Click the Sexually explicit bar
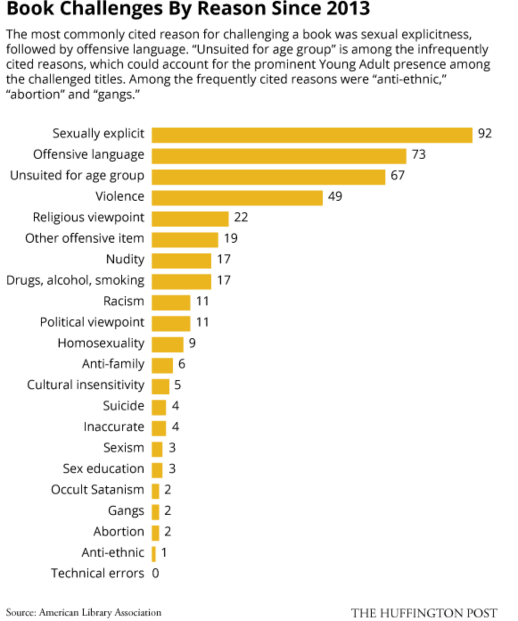point(312,135)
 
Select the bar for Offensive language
point(279,156)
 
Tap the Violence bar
point(237,198)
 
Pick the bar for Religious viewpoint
point(190,219)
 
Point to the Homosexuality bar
point(167,344)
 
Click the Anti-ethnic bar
point(154,554)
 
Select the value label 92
point(485,133)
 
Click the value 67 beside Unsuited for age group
point(397,175)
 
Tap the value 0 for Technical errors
point(155,573)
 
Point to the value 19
point(230,238)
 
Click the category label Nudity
point(125,259)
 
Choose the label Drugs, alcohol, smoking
point(75,280)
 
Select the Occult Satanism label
point(97,489)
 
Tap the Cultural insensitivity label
point(86,385)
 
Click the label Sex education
point(103,468)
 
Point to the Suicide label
point(123,406)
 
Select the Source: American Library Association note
point(84,613)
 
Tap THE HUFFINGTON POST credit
point(423,613)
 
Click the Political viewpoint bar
point(171,323)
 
